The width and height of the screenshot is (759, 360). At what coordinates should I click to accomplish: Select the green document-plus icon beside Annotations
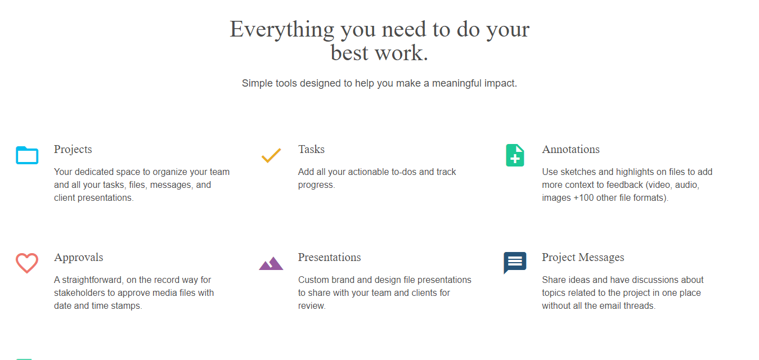[515, 155]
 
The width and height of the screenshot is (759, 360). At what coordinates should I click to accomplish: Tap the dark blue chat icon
[515, 262]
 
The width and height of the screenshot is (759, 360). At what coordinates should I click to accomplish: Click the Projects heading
[73, 150]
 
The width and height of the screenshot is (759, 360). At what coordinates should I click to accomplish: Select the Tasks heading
[311, 150]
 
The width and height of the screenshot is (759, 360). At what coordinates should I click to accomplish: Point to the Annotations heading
[571, 150]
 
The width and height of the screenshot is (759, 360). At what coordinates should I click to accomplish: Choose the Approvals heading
[78, 258]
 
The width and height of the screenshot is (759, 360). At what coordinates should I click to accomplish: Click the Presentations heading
[329, 258]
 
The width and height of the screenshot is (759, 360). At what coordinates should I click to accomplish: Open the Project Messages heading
[583, 258]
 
